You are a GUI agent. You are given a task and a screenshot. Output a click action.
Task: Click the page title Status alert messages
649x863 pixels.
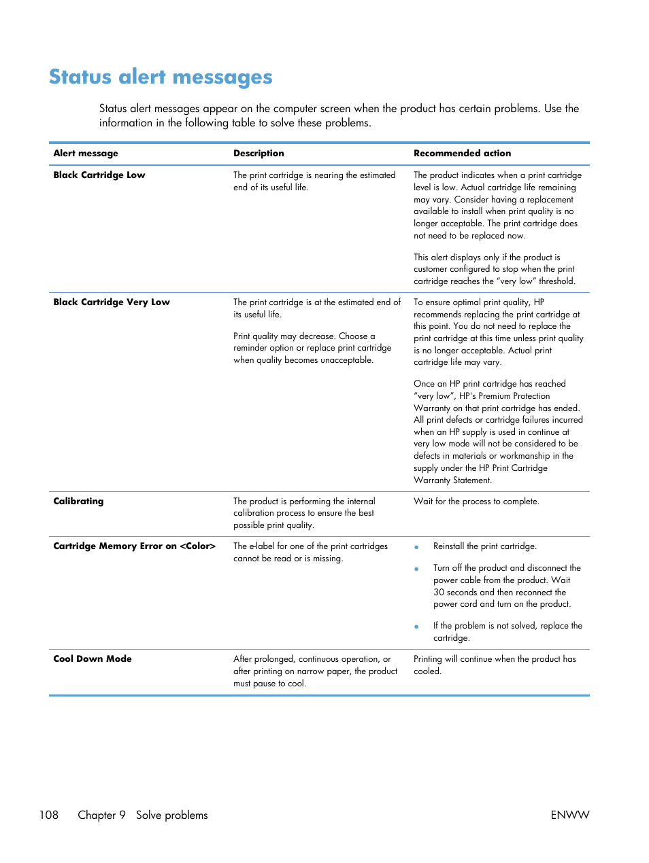click(161, 77)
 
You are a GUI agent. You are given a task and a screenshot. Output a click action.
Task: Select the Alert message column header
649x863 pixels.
click(86, 154)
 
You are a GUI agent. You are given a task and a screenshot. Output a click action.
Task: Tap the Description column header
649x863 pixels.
click(259, 154)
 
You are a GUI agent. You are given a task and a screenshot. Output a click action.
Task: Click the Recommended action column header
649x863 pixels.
click(462, 154)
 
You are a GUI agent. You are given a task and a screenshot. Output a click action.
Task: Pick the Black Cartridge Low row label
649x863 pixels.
click(99, 175)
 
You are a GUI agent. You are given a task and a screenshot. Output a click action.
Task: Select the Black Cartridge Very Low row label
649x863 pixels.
click(112, 302)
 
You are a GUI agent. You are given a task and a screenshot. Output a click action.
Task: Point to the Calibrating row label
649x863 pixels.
click(78, 501)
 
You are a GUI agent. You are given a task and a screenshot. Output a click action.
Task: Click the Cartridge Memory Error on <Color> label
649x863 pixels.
click(134, 546)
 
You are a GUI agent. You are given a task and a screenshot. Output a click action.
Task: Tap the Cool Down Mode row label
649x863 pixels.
click(93, 659)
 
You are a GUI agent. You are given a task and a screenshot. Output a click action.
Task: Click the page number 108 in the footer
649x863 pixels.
click(49, 815)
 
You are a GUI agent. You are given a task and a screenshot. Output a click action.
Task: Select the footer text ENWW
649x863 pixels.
click(569, 815)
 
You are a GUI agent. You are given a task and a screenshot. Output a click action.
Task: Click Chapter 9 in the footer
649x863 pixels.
click(101, 815)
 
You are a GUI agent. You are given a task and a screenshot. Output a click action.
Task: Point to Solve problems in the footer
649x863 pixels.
click(171, 815)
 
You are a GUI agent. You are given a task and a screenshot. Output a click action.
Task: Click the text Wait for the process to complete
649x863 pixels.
click(476, 501)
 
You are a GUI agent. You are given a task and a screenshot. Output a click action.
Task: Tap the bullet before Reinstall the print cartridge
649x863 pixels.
click(416, 547)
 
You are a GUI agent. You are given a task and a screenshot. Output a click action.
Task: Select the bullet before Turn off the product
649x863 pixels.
click(416, 569)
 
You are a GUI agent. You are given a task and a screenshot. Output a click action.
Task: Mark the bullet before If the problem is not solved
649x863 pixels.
click(416, 627)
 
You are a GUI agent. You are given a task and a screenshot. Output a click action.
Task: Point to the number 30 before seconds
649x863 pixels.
click(439, 593)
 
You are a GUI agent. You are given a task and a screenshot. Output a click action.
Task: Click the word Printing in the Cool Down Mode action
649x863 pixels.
click(427, 659)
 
